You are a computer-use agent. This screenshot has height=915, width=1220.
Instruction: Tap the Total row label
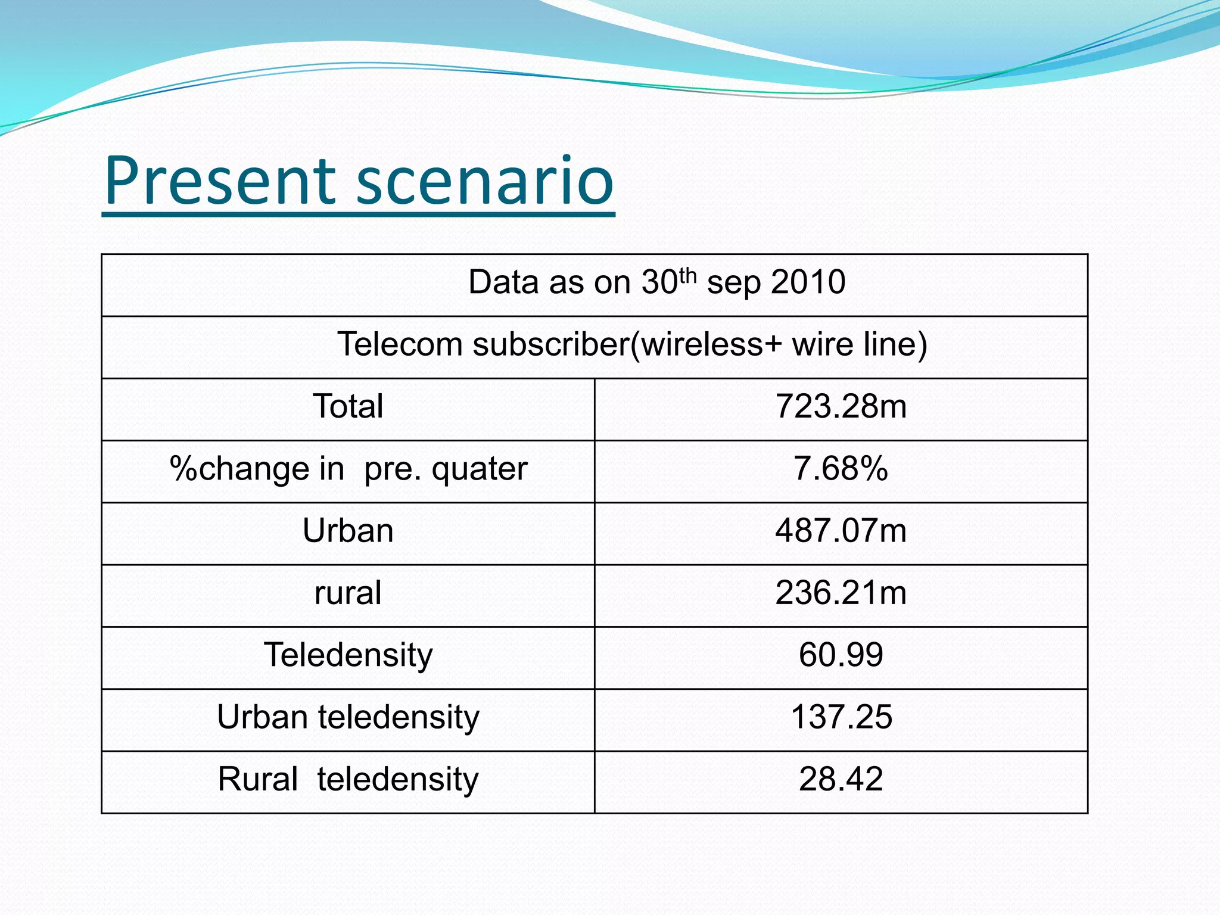pos(348,407)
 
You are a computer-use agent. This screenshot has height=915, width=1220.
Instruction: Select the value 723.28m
pos(841,407)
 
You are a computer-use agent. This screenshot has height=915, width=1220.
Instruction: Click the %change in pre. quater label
pos(348,469)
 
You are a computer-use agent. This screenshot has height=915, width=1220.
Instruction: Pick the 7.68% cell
pos(841,469)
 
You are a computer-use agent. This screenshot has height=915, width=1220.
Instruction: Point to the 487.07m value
pos(841,531)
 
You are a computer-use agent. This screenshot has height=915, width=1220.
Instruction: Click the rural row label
pos(348,593)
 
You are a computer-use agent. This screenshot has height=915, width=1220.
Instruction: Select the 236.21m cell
pos(841,593)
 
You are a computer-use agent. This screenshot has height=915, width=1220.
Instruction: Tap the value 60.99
pos(841,655)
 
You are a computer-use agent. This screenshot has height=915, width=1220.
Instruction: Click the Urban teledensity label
pos(348,717)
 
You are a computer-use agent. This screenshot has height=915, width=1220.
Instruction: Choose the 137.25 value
pos(841,717)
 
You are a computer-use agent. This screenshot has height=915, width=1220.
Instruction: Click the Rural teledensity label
pos(348,780)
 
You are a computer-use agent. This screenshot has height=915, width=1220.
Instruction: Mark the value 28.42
pos(841,780)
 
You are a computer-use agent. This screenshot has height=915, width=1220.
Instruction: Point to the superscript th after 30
pos(687,275)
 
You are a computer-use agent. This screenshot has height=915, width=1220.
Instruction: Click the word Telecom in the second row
pos(400,345)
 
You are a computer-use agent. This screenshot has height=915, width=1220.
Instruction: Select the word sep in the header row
pos(733,284)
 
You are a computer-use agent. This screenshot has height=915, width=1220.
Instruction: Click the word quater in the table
pos(479,469)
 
